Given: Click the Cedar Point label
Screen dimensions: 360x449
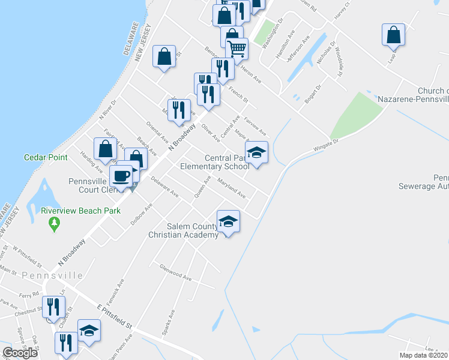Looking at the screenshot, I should (43, 158).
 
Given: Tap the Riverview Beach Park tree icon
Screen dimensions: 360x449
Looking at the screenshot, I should (55, 224).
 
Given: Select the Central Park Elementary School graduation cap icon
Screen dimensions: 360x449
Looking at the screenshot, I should (256, 153).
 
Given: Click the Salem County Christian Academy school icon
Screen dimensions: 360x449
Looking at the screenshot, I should (228, 221).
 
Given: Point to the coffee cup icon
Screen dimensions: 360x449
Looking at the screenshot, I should (121, 176).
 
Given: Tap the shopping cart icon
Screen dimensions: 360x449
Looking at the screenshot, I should (237, 49).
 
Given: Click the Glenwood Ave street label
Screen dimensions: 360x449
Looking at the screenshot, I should (175, 273).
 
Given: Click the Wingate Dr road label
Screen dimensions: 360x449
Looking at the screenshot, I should (325, 145).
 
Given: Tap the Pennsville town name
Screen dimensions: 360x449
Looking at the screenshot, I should (52, 275).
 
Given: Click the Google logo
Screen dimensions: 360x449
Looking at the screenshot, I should (20, 353).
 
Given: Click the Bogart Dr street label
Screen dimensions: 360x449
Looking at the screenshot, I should (313, 94).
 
